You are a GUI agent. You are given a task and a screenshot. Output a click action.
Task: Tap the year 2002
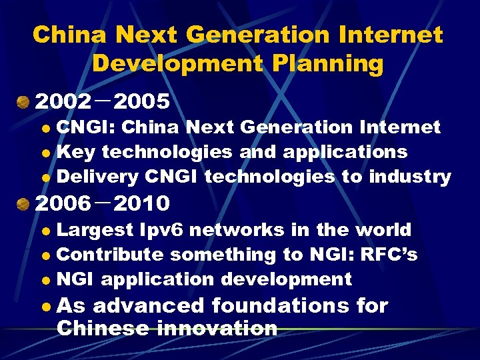[63, 102]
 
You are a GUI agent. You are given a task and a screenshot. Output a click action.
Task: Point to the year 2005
[142, 102]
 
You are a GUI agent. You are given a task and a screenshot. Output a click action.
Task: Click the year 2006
[63, 202]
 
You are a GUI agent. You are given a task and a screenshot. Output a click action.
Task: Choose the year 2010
[142, 202]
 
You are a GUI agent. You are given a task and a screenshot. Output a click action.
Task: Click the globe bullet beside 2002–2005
[24, 102]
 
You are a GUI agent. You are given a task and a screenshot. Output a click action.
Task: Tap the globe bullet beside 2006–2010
[24, 202]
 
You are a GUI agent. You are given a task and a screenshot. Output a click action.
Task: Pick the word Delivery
[97, 177]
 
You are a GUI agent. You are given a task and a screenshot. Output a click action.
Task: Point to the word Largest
[95, 230]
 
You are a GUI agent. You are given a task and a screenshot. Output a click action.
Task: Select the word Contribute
[109, 255]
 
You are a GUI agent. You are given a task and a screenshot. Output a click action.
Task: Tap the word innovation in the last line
[217, 328]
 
